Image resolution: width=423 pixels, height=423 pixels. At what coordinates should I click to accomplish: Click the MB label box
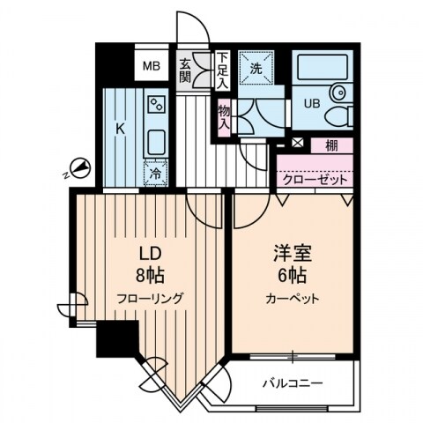click(x=152, y=64)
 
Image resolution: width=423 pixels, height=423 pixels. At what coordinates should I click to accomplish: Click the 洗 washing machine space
click(x=261, y=67)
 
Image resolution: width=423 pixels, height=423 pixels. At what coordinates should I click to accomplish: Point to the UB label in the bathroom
click(x=309, y=102)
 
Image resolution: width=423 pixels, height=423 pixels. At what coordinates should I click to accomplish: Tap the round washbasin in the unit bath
click(x=338, y=94)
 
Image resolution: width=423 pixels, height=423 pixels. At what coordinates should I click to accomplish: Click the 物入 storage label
click(x=224, y=116)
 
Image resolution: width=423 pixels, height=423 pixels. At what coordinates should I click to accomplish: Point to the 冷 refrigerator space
click(x=156, y=173)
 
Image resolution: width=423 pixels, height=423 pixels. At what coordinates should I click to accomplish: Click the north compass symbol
click(x=78, y=167)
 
